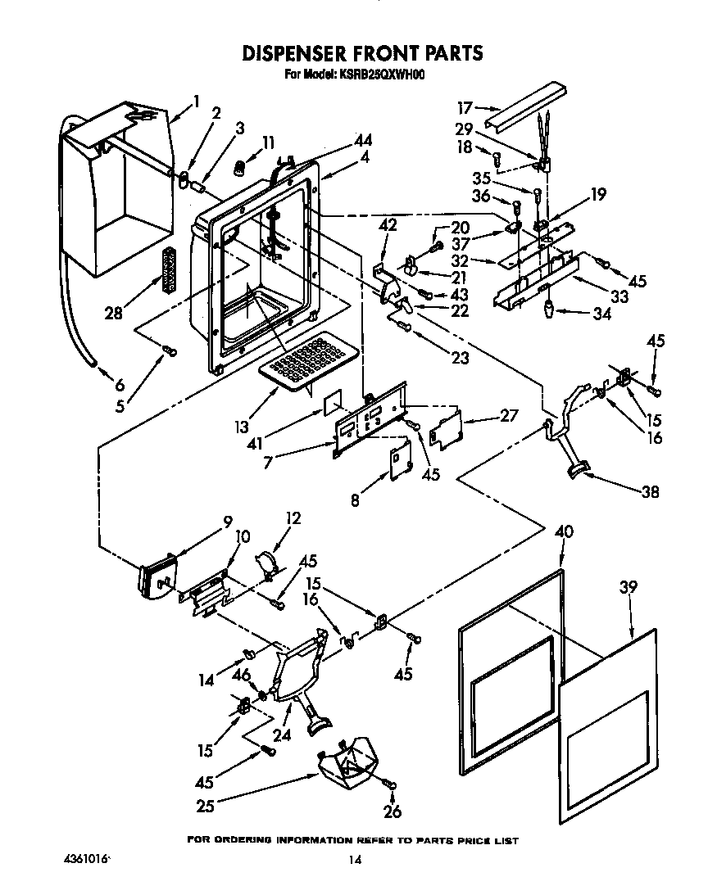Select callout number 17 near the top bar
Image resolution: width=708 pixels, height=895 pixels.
(465, 107)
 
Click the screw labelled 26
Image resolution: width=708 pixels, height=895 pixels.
(392, 784)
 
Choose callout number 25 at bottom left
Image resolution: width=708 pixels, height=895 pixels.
(205, 806)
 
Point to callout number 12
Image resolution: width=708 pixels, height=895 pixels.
(293, 518)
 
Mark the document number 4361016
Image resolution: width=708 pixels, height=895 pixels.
(84, 860)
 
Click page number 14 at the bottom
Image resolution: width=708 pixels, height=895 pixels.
(354, 860)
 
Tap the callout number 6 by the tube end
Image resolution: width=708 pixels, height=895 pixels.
(119, 385)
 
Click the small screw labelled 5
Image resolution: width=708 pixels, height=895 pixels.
(170, 350)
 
